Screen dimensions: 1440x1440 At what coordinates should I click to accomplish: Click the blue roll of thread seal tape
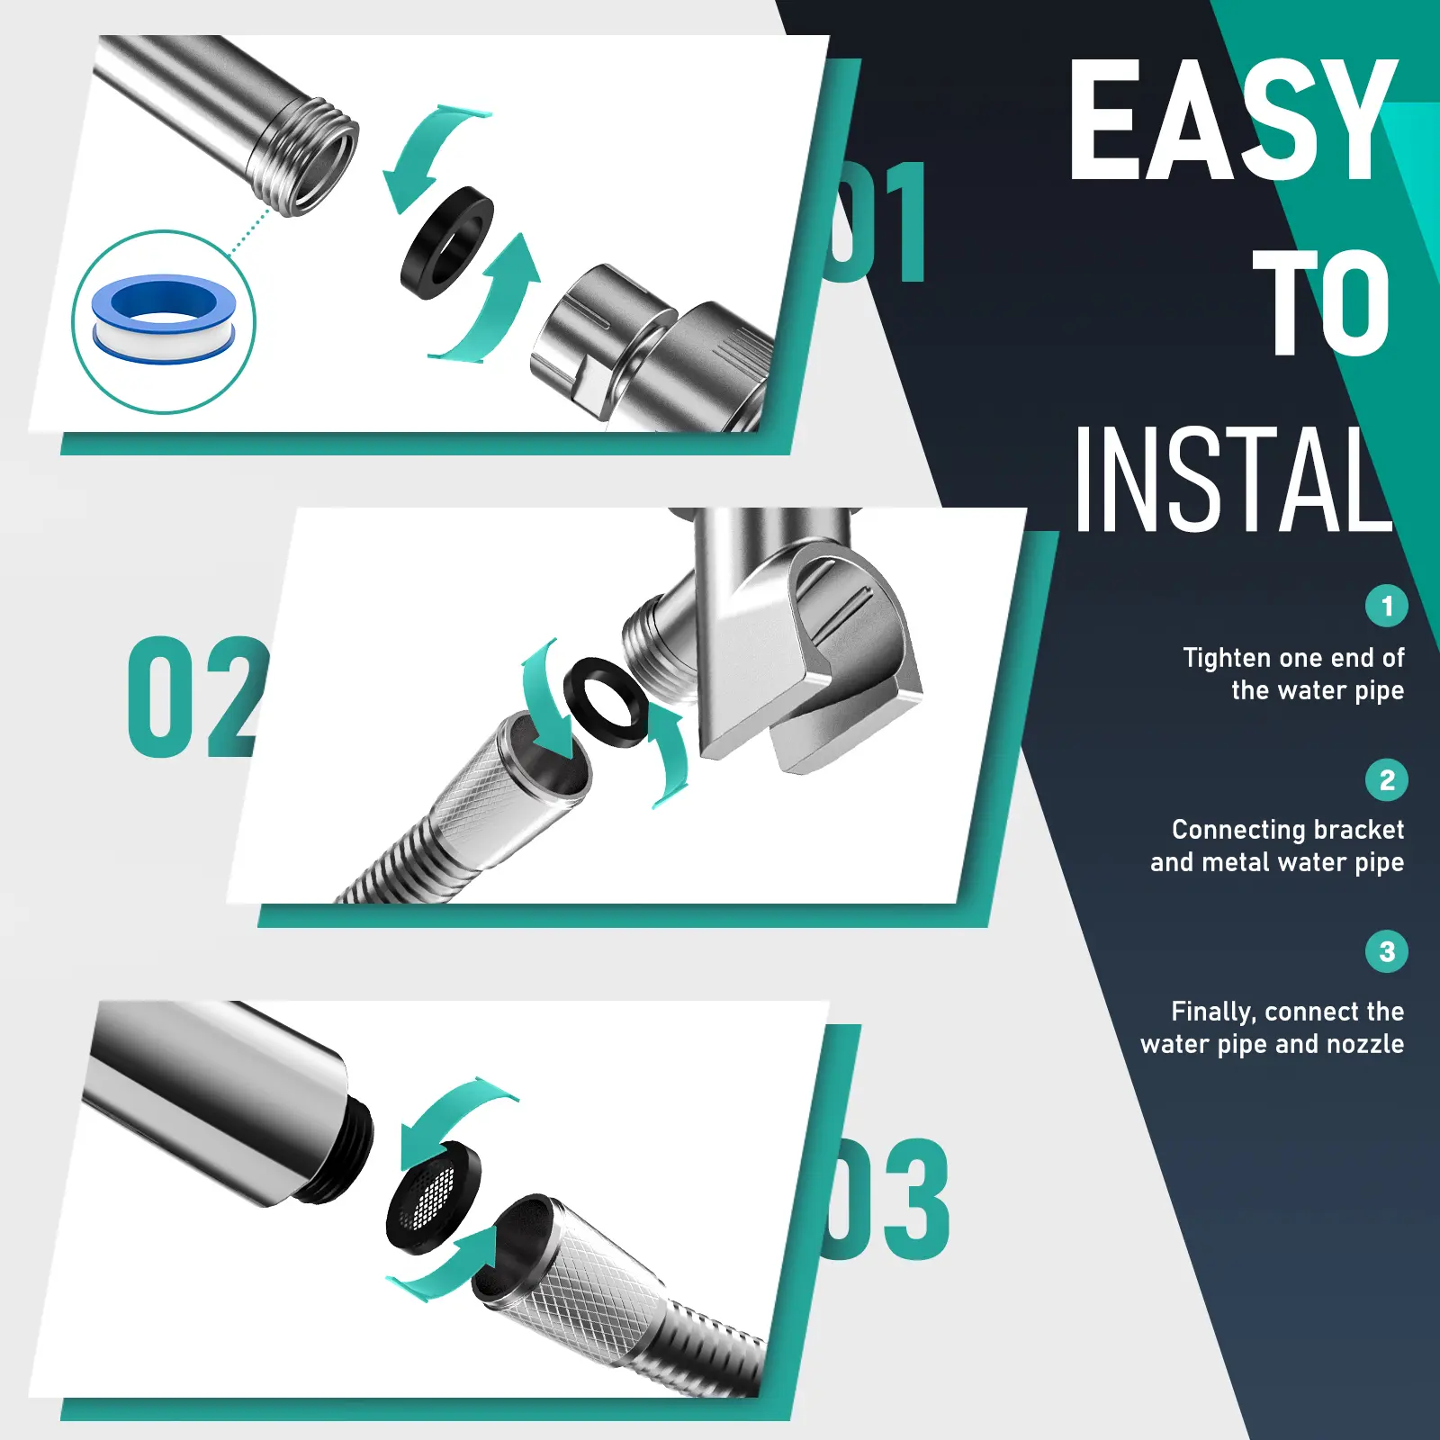pos(164,319)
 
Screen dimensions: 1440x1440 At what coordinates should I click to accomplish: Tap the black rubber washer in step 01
pos(447,243)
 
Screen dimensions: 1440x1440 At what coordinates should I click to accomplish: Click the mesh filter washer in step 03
pos(433,1197)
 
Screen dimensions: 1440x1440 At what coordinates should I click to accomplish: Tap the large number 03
pos(886,1199)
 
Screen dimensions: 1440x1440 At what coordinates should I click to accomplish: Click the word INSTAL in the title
pos(1233,479)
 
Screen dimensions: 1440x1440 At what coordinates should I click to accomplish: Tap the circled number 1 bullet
pos(1386,606)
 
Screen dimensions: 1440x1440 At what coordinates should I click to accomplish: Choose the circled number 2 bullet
pos(1386,779)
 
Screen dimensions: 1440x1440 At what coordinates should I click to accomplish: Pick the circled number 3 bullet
pos(1386,951)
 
